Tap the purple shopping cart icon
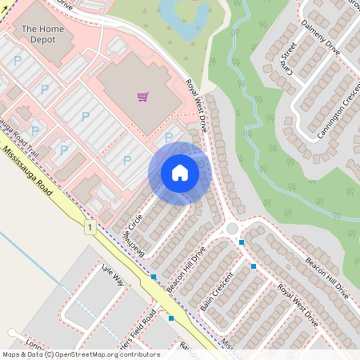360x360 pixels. point(142,97)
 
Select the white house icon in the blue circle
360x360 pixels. point(180,173)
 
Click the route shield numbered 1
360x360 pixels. point(90,229)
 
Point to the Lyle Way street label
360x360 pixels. point(114,277)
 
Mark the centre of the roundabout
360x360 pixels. point(233,229)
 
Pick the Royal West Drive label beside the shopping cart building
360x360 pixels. point(197,106)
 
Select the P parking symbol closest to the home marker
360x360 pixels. point(168,137)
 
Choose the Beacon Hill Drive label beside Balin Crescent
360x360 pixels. point(186,268)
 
